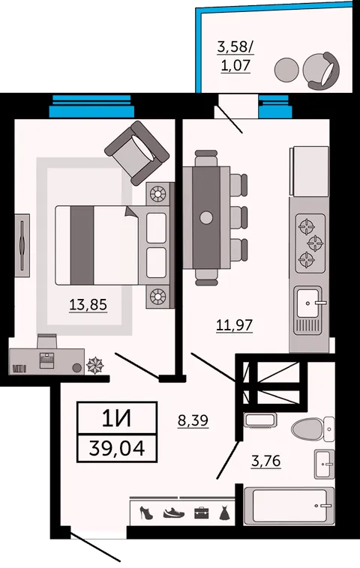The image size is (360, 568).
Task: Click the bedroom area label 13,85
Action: pos(88,305)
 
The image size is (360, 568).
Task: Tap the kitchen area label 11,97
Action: pos(234,325)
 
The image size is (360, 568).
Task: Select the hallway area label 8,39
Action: pos(193,420)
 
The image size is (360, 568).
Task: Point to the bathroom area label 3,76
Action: pos(266,461)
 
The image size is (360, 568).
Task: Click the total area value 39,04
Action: pos(117,448)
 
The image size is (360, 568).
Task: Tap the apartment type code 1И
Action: pos(117,418)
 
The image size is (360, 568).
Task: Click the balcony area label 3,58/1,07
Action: pos(235,56)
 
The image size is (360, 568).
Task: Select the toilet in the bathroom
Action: pos(313,429)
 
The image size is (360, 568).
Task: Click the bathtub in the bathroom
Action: pos(289,506)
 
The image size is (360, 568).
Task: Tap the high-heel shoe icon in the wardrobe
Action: pos(146,513)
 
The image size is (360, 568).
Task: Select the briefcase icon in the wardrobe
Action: pos(201,513)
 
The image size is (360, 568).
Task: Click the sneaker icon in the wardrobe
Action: pos(174,513)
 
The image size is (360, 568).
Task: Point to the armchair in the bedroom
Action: pos(137,153)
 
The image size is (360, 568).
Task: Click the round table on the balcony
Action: pos(286,70)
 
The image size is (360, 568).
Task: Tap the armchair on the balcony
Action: pos(322,70)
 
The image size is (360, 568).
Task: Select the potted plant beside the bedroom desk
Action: pos(95,365)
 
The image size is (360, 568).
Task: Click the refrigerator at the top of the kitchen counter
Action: pos(309,172)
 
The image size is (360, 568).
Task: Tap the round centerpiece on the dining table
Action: pos(206,217)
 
